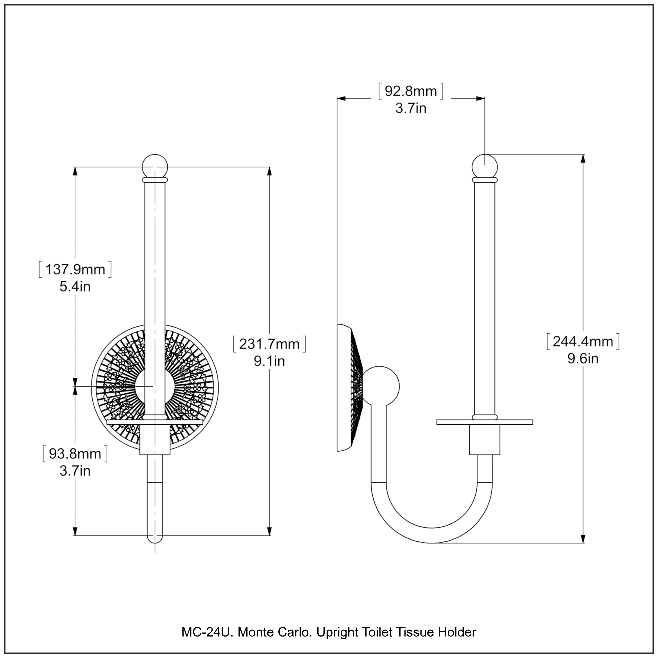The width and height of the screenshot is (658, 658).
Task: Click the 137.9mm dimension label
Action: click(x=75, y=269)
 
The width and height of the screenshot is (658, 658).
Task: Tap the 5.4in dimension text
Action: click(x=75, y=287)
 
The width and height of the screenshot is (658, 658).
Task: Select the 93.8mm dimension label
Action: click(x=75, y=454)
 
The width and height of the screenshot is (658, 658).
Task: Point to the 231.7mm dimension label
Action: click(x=269, y=344)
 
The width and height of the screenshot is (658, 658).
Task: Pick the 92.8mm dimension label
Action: click(x=411, y=91)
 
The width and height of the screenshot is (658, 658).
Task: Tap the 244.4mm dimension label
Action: click(x=583, y=341)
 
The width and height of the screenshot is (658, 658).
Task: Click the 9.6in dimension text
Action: click(x=583, y=359)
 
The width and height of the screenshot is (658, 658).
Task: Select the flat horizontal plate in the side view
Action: click(x=485, y=422)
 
